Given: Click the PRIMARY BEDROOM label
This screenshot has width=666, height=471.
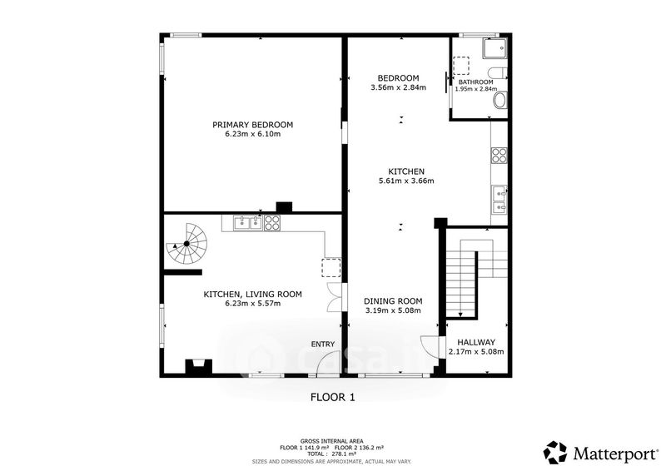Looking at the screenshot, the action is point(253,125).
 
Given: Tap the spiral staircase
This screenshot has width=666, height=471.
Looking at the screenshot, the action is point(186,244).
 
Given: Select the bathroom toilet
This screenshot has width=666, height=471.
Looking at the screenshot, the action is point(498,72).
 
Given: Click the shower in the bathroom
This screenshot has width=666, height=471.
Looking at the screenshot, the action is point(495,48).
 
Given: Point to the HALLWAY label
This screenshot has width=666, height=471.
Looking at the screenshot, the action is point(476,342).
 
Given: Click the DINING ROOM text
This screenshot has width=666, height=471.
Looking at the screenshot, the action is point(393,301).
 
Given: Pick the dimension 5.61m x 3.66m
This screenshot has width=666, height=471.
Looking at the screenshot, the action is point(406,181).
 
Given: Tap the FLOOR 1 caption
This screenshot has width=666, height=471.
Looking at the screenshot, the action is point(333,398).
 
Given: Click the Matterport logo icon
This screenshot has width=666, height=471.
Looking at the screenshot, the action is point(556,453).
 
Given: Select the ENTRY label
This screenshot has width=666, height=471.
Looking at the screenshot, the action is point(323,344).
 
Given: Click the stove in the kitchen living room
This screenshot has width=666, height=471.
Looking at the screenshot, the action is point(272,223).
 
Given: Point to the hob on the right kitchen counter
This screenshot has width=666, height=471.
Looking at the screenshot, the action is point(499,155).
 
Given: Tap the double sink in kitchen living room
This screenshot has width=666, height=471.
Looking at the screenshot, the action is point(247,223).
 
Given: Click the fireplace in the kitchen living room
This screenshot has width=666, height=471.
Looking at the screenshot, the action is point(198,367).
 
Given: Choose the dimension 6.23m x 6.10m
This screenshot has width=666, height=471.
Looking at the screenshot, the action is point(253,134).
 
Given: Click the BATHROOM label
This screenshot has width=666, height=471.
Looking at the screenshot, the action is point(475,82).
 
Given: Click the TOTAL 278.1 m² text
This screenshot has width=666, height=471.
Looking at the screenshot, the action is point(331,454).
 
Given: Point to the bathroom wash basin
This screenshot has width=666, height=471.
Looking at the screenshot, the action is point(500,101).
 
